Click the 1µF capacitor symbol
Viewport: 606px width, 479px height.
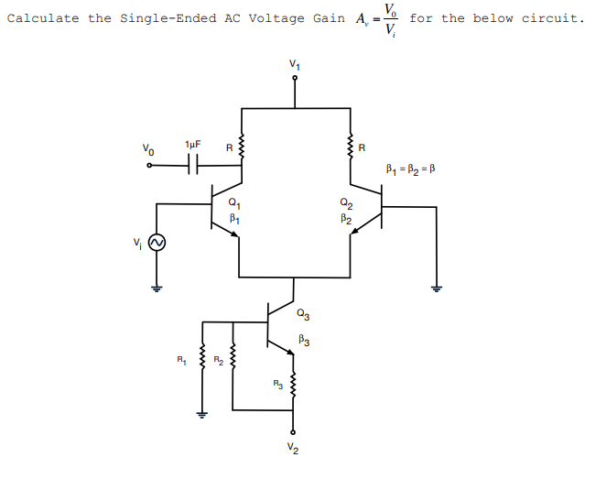[x=192, y=165]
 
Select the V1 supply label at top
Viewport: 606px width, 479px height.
[x=294, y=63]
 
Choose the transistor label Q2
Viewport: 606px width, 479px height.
[x=344, y=203]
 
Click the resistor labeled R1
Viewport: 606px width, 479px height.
[x=201, y=366]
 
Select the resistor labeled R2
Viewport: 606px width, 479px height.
[x=233, y=366]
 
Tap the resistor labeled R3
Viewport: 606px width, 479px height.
[x=294, y=385]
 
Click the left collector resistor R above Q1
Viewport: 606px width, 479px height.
[x=242, y=146]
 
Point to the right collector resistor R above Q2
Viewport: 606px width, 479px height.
[x=350, y=146]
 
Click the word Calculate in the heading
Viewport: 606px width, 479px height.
[x=44, y=18]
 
